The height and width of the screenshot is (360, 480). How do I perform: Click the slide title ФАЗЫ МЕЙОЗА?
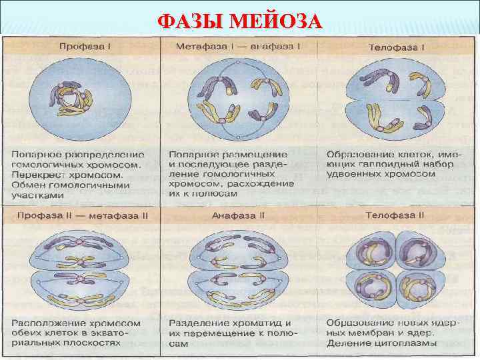point(240,21)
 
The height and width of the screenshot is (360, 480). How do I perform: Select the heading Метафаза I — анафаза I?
point(238,47)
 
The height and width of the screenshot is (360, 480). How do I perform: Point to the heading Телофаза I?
point(397,47)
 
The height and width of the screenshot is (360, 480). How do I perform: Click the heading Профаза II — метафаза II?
point(83,215)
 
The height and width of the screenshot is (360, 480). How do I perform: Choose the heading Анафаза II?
point(238,215)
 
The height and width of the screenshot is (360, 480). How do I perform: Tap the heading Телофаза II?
point(395,215)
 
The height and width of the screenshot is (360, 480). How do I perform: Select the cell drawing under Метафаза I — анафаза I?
point(238,97)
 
